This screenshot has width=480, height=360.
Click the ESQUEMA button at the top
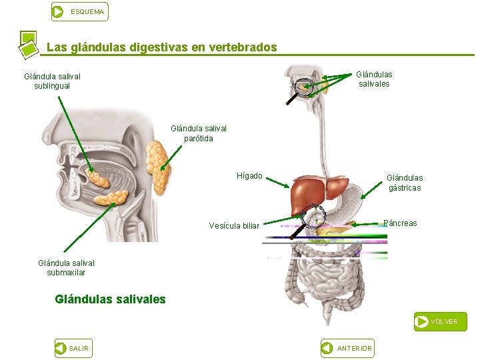79,11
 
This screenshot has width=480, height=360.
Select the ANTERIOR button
347,348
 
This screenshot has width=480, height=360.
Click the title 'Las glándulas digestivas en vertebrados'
161,48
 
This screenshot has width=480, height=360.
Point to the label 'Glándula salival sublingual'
52,81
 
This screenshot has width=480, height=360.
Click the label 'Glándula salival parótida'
199,133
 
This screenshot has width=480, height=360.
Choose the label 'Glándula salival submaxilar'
67,267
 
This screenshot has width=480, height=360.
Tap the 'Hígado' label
249,176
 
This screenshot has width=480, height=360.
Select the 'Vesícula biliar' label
234,226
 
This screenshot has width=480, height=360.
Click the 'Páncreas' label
401,223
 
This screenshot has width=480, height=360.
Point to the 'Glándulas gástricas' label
405,183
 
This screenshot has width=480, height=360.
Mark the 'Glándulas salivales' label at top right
374,79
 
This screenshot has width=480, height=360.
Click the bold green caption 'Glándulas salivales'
110,299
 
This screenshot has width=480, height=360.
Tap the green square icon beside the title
28,44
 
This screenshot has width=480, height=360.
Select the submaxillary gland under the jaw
110,197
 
